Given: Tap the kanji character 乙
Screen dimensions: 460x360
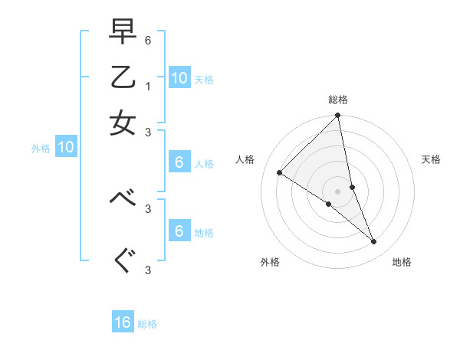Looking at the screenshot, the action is [123, 77].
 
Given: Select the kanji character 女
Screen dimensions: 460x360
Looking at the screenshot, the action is [123, 123].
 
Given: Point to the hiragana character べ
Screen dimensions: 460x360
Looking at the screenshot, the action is [123, 198].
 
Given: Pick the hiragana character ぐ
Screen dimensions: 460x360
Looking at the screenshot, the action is [123, 261].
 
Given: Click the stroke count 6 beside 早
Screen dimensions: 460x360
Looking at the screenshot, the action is [148, 38].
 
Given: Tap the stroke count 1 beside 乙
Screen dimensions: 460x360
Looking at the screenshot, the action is [148, 86].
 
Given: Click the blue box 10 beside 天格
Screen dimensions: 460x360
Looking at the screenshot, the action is [179, 77].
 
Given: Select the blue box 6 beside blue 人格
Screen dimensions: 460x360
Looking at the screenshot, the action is [179, 162].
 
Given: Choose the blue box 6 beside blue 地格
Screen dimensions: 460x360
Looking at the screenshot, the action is [179, 231].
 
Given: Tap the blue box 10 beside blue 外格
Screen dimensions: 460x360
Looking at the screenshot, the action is [66, 148].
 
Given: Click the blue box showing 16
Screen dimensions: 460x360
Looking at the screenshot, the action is [123, 322].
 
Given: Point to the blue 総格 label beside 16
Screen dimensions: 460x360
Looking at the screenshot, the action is [148, 324].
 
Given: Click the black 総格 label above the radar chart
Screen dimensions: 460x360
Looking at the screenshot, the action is [338, 100].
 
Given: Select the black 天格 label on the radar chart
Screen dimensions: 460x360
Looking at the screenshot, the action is [431, 159].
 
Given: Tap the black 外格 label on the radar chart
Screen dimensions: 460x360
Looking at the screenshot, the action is [270, 262].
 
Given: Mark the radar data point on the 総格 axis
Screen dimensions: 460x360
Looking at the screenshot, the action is [338, 116].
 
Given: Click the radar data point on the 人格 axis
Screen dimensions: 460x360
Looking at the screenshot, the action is [280, 173].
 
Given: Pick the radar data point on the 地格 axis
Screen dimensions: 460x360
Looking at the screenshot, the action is [373, 241].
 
